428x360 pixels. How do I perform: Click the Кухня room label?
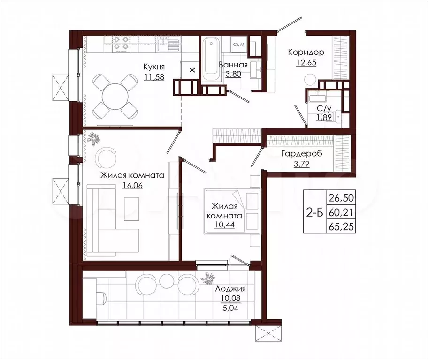click(154, 67)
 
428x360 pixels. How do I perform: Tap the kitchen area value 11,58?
click(154, 77)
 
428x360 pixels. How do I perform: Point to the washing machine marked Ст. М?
click(239, 45)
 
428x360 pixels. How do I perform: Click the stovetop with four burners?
click(121, 45)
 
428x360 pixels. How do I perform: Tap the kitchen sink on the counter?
click(168, 45)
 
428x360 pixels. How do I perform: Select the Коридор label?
click(306, 52)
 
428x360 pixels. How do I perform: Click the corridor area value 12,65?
click(306, 62)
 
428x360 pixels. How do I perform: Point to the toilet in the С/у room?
click(337, 116)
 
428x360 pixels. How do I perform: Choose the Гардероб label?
click(302, 154)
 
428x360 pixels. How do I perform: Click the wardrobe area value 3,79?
click(302, 164)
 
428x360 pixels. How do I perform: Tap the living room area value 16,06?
click(132, 186)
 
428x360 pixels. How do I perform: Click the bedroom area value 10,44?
click(225, 225)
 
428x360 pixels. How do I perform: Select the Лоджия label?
click(230, 289)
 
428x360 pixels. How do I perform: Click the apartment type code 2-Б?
click(315, 212)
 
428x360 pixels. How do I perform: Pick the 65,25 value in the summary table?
click(341, 226)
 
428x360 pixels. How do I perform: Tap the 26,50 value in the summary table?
click(341, 198)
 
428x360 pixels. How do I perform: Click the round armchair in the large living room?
click(106, 158)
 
